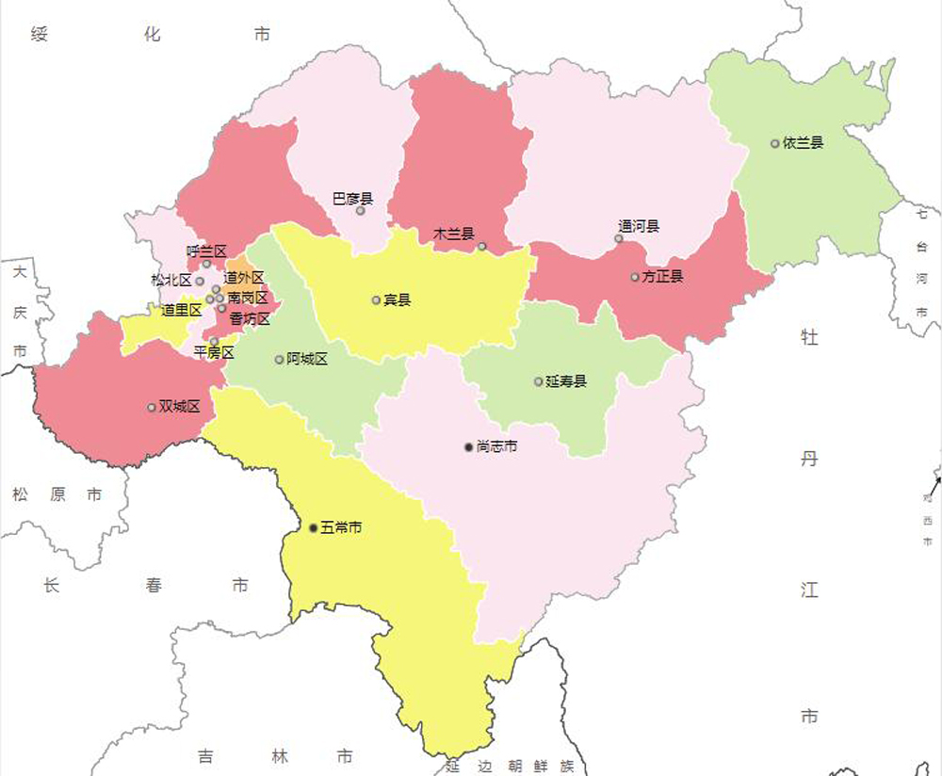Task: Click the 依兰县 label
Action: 804,143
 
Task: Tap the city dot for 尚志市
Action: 468,446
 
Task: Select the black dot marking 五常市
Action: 314,528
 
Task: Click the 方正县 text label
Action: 663,277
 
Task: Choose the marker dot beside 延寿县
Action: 539,381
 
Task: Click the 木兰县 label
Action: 453,234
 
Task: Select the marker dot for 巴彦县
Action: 360,210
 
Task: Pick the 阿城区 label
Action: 307,359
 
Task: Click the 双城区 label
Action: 180,407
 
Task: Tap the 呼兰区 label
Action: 206,251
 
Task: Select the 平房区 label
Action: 213,352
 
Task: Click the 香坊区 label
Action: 250,319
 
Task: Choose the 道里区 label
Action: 181,310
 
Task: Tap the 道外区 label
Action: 244,278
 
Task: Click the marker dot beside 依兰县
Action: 775,144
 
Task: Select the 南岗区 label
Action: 247,298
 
